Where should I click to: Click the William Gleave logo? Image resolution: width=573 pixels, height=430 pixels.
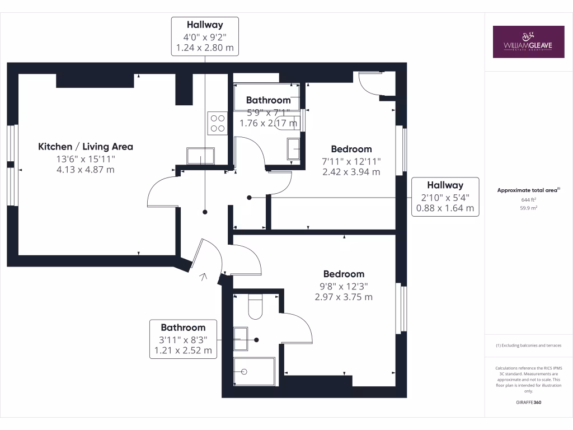click(x=528, y=41)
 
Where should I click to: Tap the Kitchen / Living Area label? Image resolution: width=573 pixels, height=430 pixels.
click(x=86, y=147)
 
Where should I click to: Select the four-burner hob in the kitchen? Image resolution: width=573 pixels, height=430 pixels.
click(x=217, y=124)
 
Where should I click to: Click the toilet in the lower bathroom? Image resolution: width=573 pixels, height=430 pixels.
click(x=256, y=308)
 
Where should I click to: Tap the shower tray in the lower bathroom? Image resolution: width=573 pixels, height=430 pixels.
click(x=255, y=371)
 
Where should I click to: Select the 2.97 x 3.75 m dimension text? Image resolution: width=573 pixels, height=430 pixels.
click(x=343, y=297)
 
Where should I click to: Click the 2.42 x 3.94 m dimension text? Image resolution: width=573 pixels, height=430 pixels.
click(x=351, y=172)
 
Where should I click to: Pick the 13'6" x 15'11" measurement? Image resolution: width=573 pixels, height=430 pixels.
click(x=86, y=159)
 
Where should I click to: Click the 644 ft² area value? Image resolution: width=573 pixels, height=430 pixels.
click(x=528, y=200)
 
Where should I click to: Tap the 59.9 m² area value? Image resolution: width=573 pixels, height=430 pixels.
click(x=528, y=207)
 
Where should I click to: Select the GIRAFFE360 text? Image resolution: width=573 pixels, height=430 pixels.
click(x=528, y=403)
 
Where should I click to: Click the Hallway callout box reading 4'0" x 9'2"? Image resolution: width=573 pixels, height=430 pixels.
click(x=205, y=36)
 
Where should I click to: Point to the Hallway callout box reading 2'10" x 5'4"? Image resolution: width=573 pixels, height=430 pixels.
click(x=445, y=197)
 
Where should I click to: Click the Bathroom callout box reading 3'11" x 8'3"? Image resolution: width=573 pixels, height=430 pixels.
click(x=183, y=339)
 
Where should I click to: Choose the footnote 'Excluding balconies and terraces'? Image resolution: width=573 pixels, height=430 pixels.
click(x=528, y=345)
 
